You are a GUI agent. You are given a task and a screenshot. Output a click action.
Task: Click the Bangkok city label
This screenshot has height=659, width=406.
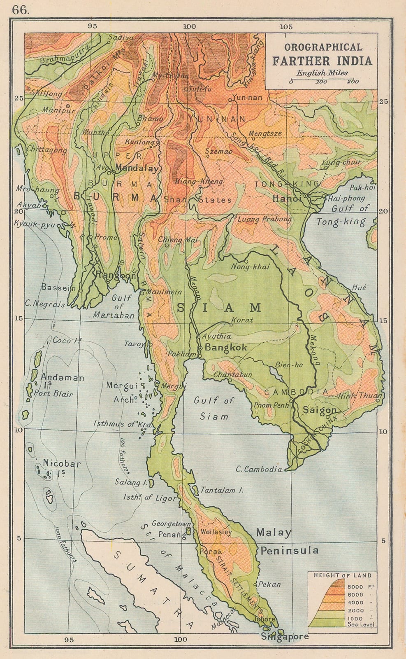click(x=226, y=347)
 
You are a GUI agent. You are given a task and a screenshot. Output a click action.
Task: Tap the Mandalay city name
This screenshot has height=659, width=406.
click(x=137, y=168)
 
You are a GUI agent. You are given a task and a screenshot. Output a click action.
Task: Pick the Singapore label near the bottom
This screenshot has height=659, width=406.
click(x=285, y=636)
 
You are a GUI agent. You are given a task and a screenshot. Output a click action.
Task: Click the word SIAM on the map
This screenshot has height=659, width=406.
click(x=219, y=307)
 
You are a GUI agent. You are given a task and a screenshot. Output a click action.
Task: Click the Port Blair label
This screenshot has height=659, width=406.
click(x=53, y=393)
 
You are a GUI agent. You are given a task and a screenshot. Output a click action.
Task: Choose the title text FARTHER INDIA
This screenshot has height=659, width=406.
click(x=322, y=61)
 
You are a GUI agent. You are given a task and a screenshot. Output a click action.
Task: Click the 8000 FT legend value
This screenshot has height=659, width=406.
click(x=355, y=587)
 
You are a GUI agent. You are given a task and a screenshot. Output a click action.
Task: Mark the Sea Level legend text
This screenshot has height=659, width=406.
click(x=361, y=624)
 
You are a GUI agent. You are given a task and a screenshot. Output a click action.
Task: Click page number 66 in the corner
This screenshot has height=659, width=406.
click(x=20, y=10)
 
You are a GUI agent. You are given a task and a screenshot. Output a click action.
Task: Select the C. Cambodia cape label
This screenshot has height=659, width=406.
click(x=259, y=469)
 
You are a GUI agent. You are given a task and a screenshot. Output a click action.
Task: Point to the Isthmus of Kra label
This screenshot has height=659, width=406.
click(x=122, y=423)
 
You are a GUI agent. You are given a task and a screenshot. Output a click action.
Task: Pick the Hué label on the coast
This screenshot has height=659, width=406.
click(x=359, y=287)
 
